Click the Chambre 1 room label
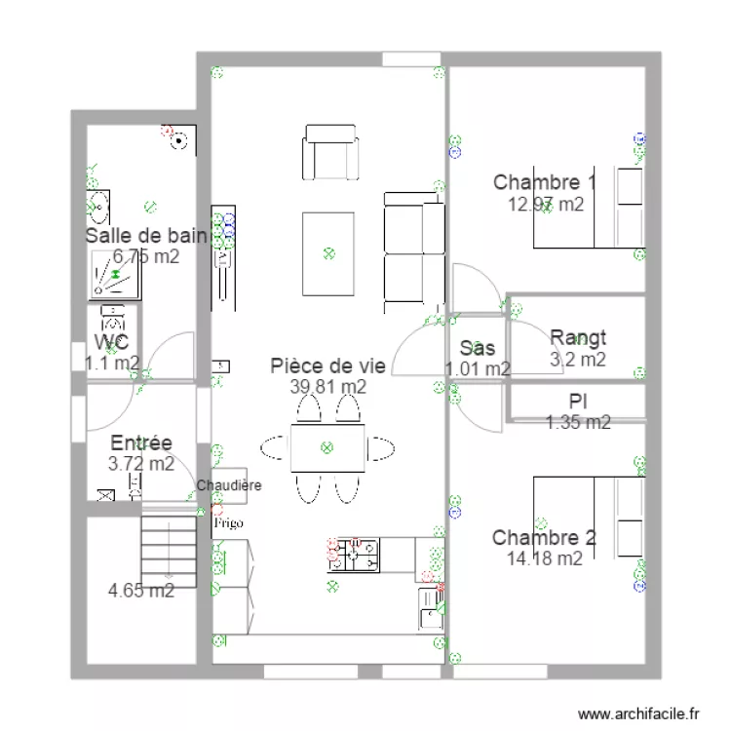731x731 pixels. [545, 182]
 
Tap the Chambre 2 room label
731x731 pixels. [544, 538]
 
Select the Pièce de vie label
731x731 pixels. [328, 365]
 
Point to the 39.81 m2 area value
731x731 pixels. [328, 386]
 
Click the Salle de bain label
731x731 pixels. [146, 236]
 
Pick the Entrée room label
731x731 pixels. [141, 443]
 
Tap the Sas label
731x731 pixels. [477, 348]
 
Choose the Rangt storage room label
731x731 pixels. [578, 338]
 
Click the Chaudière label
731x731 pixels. [229, 485]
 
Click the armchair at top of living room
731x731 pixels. [330, 152]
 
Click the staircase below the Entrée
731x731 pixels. [170, 552]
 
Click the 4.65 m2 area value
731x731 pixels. [141, 590]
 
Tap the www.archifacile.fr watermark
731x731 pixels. [640, 713]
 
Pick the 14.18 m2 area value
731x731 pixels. [545, 558]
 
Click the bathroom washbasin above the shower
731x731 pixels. [98, 206]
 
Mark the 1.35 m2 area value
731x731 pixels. [578, 422]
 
